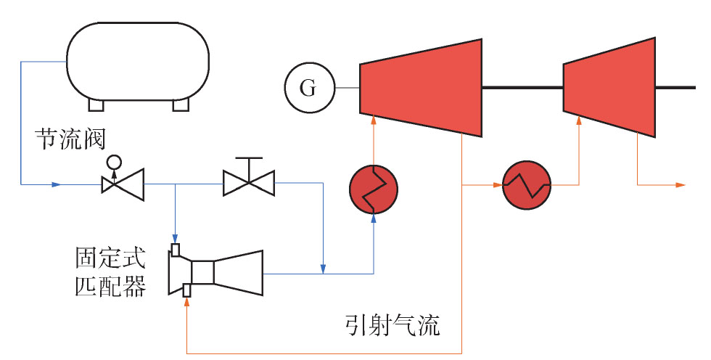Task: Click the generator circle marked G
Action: pos(309,88)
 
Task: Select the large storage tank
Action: pos(138,61)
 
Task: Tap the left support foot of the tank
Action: pos(96,105)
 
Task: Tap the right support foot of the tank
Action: pos(181,105)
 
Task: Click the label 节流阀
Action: pos(71,139)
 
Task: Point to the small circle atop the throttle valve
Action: pos(114,161)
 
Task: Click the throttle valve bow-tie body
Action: pos(123,184)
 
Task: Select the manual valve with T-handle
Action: pos(248,177)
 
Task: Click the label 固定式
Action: pos(110,258)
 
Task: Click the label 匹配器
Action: pos(110,287)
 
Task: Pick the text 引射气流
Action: pos(393,326)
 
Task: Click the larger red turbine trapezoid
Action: pos(420,88)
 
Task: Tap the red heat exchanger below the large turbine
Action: pos(373,189)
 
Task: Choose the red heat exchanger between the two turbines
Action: pos(527,185)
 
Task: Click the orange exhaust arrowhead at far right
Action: pos(681,185)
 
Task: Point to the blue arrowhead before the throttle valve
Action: pos(57,184)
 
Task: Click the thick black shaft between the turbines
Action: pos(522,88)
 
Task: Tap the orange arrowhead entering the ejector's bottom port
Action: pos(187,303)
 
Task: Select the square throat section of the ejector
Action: pos(202,272)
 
